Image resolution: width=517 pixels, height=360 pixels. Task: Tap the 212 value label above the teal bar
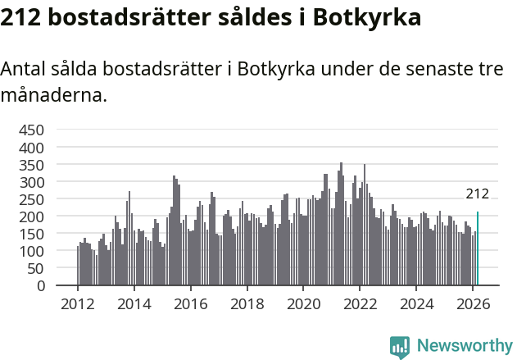coord(477,194)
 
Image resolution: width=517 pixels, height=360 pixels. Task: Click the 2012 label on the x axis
coord(78,304)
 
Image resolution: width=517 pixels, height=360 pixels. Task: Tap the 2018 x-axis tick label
coord(247,304)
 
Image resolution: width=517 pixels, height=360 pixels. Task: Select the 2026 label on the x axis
coord(473,304)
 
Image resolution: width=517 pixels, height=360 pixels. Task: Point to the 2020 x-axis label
coord(303,304)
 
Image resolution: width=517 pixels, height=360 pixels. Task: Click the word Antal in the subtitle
coord(22,70)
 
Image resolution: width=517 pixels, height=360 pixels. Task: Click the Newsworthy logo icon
coord(400,346)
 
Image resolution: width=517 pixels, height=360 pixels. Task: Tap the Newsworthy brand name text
coord(465,346)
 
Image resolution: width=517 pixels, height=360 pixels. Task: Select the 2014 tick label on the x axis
coord(134,304)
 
